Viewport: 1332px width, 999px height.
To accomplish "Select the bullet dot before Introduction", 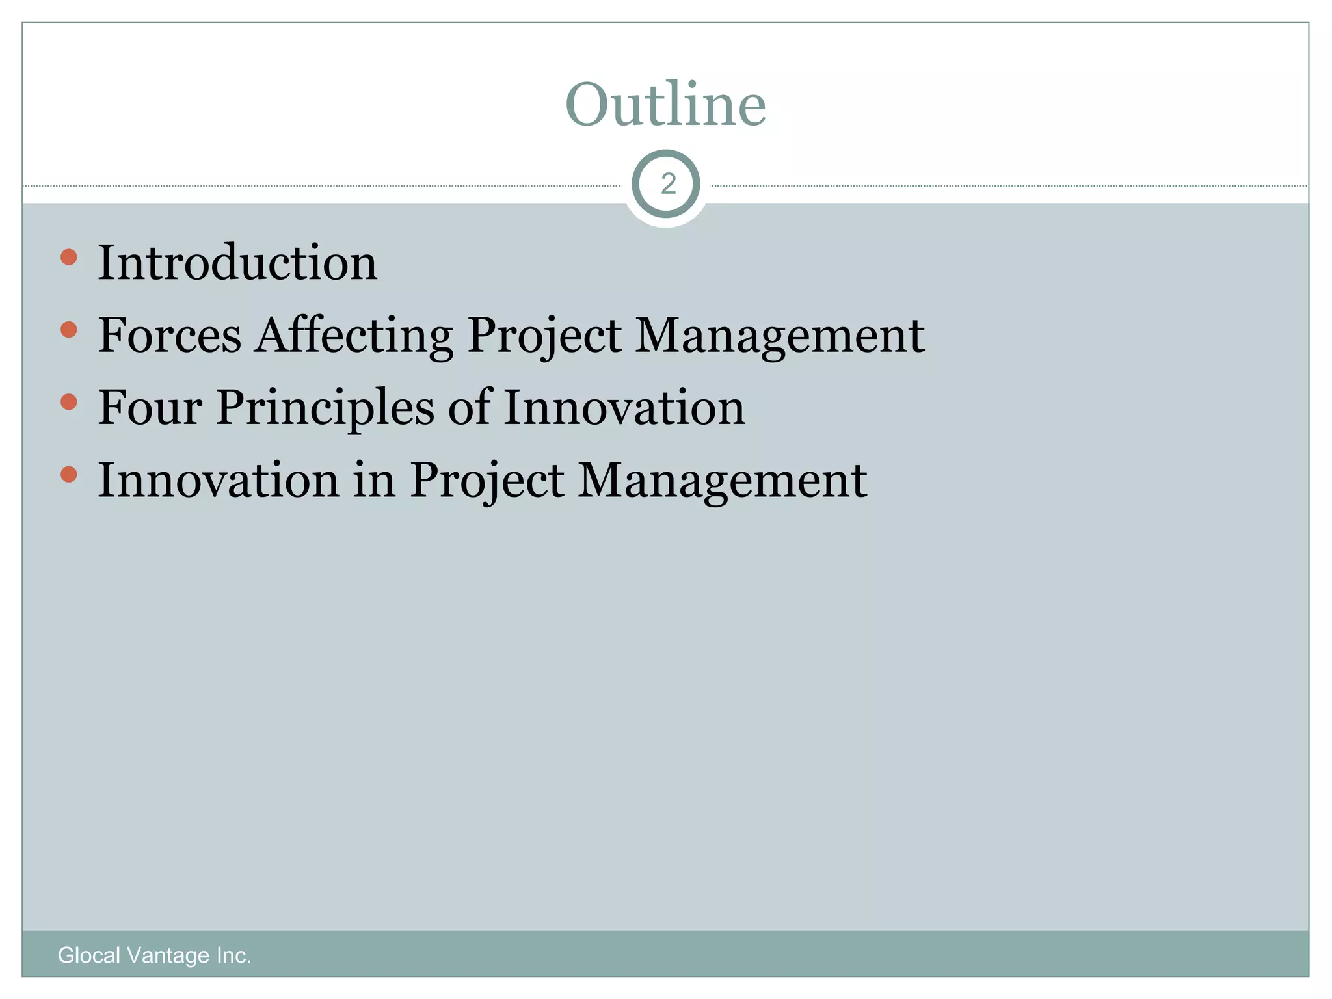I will tap(68, 257).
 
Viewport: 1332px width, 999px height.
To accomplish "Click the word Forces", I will tap(170, 335).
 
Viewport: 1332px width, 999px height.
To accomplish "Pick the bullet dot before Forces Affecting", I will tap(68, 330).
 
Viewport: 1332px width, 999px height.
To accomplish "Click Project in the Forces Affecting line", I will tap(544, 335).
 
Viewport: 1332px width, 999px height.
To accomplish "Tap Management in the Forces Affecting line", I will tap(780, 335).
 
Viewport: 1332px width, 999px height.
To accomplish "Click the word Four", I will tap(150, 408).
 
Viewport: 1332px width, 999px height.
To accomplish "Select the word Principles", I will tap(325, 408).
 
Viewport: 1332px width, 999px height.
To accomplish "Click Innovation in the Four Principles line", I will tap(624, 408).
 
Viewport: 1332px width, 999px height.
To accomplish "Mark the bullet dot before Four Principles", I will tap(68, 403).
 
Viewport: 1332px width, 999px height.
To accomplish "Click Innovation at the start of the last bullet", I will tap(219, 480).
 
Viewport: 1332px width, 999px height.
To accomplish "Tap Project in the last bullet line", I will tap(487, 480).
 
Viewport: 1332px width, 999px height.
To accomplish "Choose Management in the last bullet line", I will tap(723, 480).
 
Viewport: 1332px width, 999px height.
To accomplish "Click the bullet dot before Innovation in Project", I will tap(68, 475).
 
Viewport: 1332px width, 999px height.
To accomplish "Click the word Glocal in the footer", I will tap(89, 955).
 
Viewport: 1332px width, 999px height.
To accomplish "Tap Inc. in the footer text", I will tap(234, 955).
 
